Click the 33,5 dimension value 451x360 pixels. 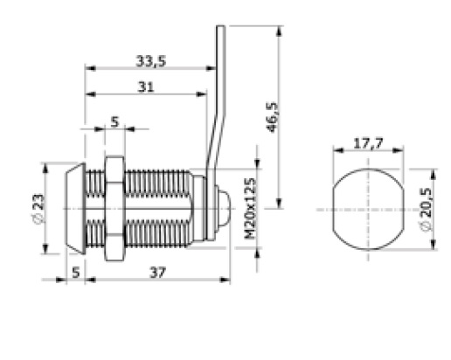click(151, 61)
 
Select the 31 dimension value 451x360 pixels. click(146, 87)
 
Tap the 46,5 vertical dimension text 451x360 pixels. click(273, 117)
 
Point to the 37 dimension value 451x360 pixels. click(157, 273)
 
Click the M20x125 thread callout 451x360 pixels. click(250, 208)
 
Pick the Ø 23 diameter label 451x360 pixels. click(38, 209)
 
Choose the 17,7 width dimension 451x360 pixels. click(368, 143)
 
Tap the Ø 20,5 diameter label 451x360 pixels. click(427, 210)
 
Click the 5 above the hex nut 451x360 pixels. click(115, 122)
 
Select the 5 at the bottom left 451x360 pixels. click(76, 273)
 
